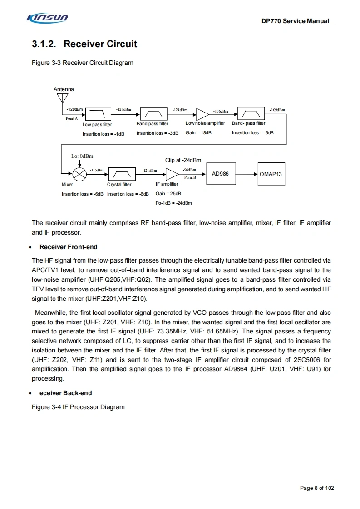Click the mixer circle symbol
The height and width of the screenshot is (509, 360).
[80, 174]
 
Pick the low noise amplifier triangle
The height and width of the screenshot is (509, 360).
[202, 113]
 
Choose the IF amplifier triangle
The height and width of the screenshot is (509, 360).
[173, 174]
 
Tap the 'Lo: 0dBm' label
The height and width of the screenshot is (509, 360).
[82, 157]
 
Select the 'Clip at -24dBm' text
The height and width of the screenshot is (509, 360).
[183, 160]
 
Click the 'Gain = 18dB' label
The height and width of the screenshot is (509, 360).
[198, 133]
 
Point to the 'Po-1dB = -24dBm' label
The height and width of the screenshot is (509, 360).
[173, 203]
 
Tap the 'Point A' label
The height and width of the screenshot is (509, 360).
[72, 118]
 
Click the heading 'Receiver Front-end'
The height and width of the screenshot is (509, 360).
[68, 247]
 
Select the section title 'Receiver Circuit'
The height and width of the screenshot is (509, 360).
[100, 44]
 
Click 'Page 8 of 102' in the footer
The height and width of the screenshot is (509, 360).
[317, 488]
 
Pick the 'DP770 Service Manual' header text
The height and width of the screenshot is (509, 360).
[295, 21]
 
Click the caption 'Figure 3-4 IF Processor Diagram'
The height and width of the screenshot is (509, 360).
[78, 407]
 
